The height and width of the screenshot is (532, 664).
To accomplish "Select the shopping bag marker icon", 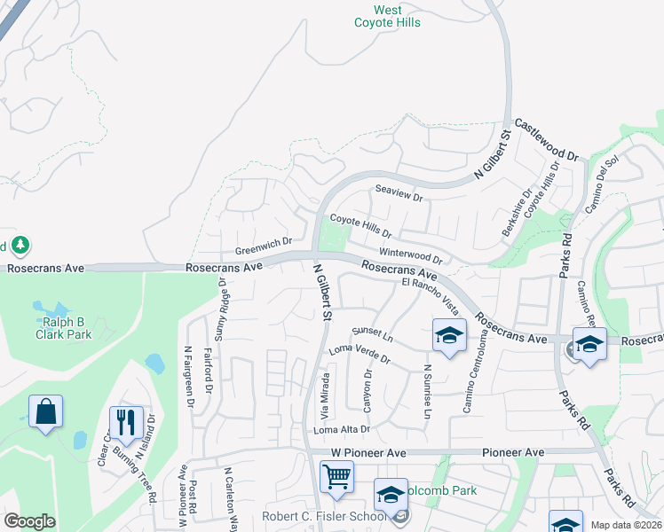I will coord(45,412).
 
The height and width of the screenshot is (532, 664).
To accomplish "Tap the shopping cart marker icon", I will coord(336,477).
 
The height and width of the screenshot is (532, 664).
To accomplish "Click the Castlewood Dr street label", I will coord(546,141).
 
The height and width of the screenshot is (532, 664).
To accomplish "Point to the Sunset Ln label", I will coord(372,334).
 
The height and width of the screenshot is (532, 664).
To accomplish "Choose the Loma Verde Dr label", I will coord(360,354).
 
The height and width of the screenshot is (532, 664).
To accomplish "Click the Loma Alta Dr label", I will coord(341,430).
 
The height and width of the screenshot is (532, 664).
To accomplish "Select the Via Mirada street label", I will coord(325,396).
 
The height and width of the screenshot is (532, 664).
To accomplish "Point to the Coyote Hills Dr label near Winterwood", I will coord(360,226).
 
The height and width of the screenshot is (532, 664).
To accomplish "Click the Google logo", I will coord(29,521).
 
